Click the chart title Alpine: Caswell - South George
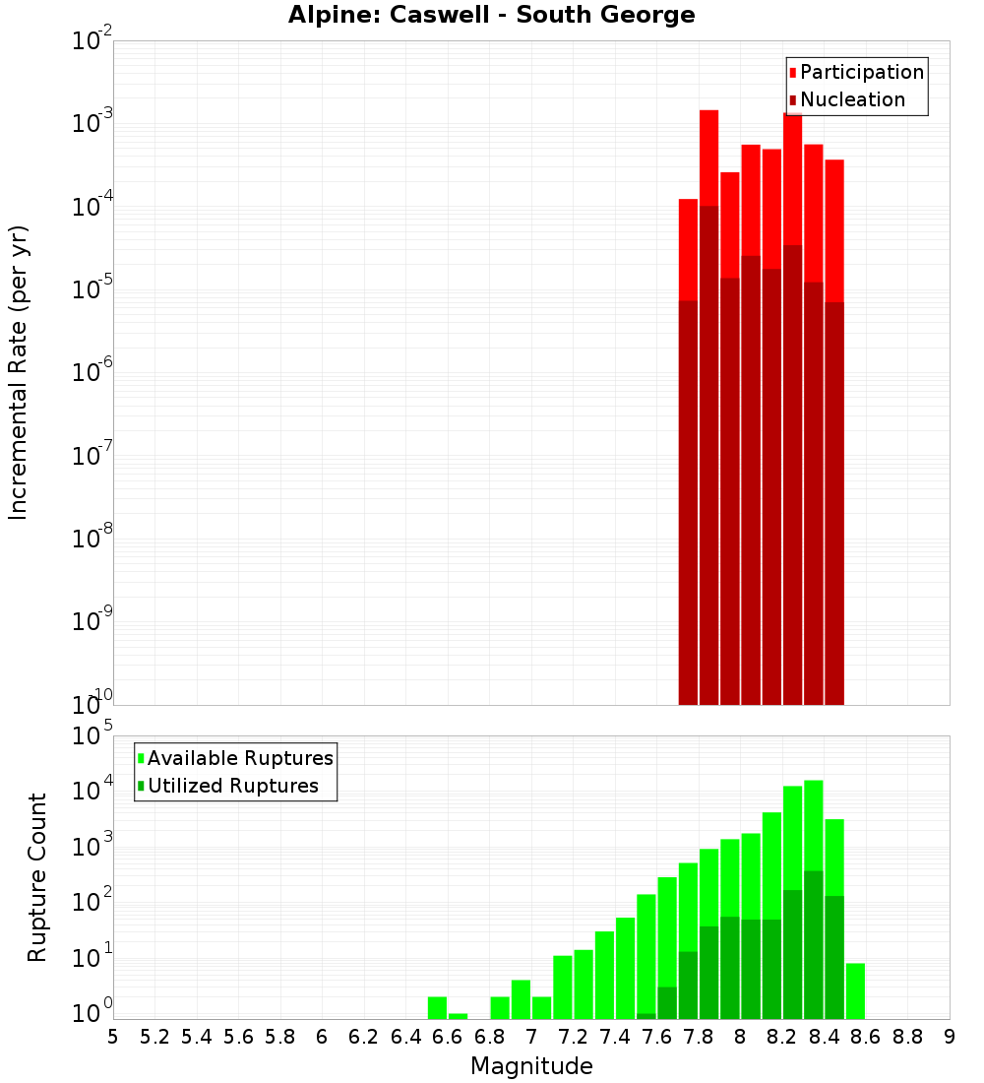point(491,16)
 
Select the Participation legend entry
point(861,72)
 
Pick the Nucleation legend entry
point(851,99)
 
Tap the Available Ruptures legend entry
point(239,758)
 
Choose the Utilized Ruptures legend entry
point(232,786)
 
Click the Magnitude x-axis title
point(531,1066)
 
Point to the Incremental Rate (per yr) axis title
point(19,372)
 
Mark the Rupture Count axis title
point(37,877)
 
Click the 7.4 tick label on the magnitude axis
point(615,1037)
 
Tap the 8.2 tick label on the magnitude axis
point(782,1037)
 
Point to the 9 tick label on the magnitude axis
point(950,1037)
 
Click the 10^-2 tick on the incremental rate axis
point(92,42)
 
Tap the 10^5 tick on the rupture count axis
point(94,737)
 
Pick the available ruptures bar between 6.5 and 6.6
point(437,1008)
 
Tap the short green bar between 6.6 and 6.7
point(458,1016)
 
